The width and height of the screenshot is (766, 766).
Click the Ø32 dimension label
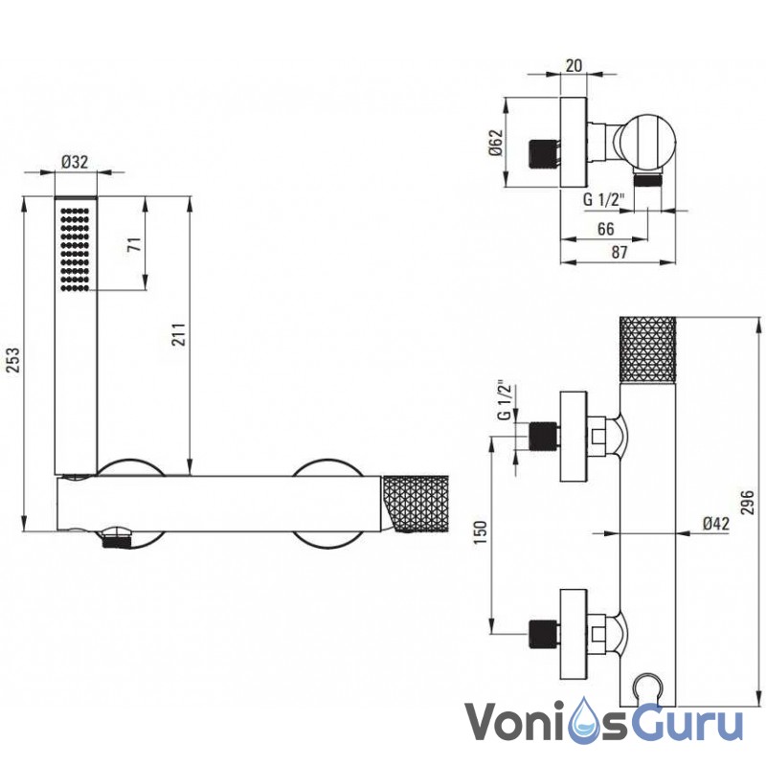click(74, 162)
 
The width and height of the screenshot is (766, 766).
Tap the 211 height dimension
click(177, 333)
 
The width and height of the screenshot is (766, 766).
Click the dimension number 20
click(574, 65)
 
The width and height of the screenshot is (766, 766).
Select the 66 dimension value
click(606, 228)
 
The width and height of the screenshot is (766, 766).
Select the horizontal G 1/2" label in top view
click(603, 200)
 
